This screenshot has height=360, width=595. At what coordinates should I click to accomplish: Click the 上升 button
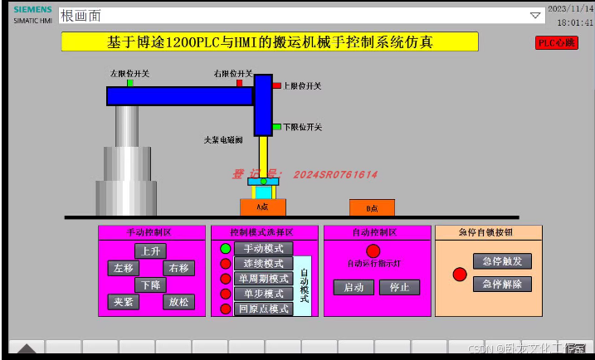point(150,251)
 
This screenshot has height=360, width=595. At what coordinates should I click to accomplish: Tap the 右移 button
point(178,268)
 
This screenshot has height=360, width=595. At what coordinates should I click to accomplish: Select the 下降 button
point(150,285)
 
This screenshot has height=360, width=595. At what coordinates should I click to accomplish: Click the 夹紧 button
point(123,302)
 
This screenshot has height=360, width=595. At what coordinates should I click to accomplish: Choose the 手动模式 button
point(263,248)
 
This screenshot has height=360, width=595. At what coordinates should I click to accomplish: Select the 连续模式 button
point(263,263)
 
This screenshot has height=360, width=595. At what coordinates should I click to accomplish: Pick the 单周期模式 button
point(263,279)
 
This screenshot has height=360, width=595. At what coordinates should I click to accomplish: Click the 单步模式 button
point(263,294)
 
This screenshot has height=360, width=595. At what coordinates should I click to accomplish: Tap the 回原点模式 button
point(263,309)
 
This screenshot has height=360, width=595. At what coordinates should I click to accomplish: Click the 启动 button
point(354,287)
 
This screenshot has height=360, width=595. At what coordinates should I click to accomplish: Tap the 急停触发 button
point(502,261)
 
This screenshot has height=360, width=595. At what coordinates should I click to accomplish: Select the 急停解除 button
point(502,284)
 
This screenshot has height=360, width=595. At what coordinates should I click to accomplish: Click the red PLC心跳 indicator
point(556,43)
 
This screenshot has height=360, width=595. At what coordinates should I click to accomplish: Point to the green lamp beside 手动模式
point(225,248)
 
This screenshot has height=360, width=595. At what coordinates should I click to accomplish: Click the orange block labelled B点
point(372,207)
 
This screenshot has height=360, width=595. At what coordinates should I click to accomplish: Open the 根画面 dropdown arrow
point(535,15)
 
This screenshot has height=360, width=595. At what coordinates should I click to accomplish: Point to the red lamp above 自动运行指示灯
point(373,251)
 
